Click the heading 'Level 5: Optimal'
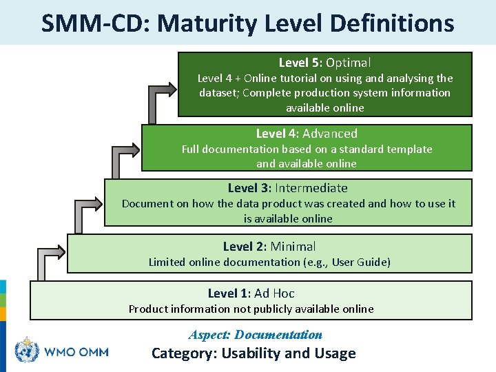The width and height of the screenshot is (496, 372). tap(324, 63)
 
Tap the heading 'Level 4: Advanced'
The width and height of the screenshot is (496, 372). tap(307, 134)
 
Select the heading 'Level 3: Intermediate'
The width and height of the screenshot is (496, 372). tap(288, 188)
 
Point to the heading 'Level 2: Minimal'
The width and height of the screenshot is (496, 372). tap(269, 247)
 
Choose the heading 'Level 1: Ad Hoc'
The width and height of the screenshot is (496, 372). tap(251, 293)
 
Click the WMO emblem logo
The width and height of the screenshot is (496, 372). tap(28, 351)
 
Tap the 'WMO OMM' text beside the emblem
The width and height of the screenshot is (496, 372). tap(76, 352)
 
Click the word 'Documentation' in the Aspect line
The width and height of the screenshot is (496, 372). tap(278, 335)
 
